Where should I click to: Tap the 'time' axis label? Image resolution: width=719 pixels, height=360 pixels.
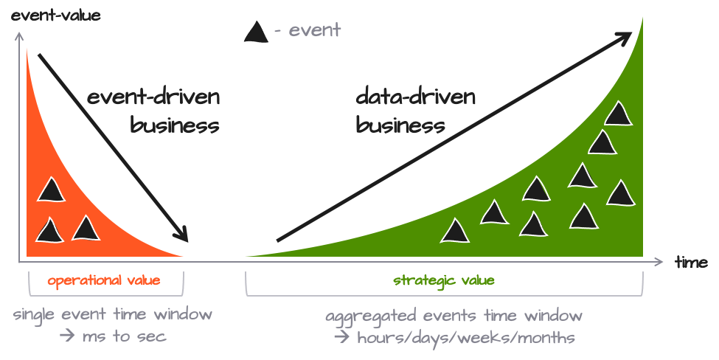(x=691, y=262)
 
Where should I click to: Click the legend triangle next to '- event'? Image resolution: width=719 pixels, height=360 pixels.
(x=256, y=32)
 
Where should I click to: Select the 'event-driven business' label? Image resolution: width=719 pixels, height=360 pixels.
(x=154, y=111)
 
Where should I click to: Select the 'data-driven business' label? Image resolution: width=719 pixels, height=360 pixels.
(x=416, y=111)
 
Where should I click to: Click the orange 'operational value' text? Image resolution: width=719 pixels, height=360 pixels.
(x=104, y=280)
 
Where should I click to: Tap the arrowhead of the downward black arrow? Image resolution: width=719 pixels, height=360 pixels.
(x=184, y=235)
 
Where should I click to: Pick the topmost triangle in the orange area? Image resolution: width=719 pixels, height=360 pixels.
(x=51, y=190)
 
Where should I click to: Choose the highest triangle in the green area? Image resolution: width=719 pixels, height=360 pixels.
(x=617, y=114)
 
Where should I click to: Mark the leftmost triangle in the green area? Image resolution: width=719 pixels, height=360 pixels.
(x=455, y=232)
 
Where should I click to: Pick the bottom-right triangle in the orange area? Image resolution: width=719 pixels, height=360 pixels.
(x=86, y=229)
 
